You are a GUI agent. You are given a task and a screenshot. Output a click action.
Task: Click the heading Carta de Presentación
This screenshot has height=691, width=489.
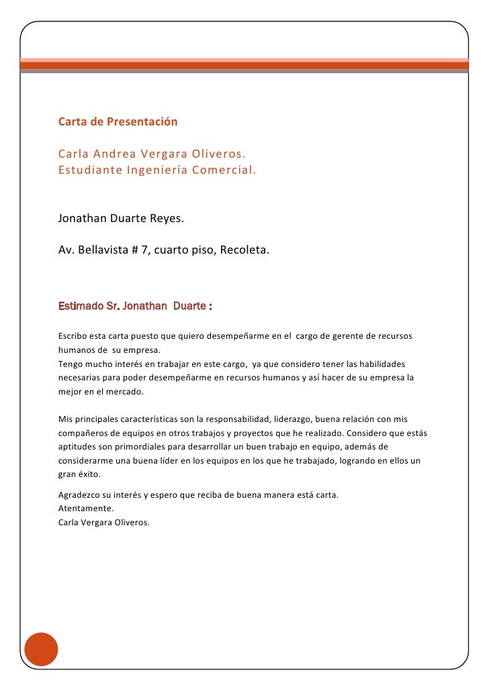[118, 122]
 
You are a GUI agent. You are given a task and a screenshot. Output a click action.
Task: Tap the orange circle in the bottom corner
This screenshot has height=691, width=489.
[41, 649]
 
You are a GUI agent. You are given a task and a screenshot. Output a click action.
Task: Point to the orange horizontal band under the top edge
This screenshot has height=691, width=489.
[244, 65]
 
